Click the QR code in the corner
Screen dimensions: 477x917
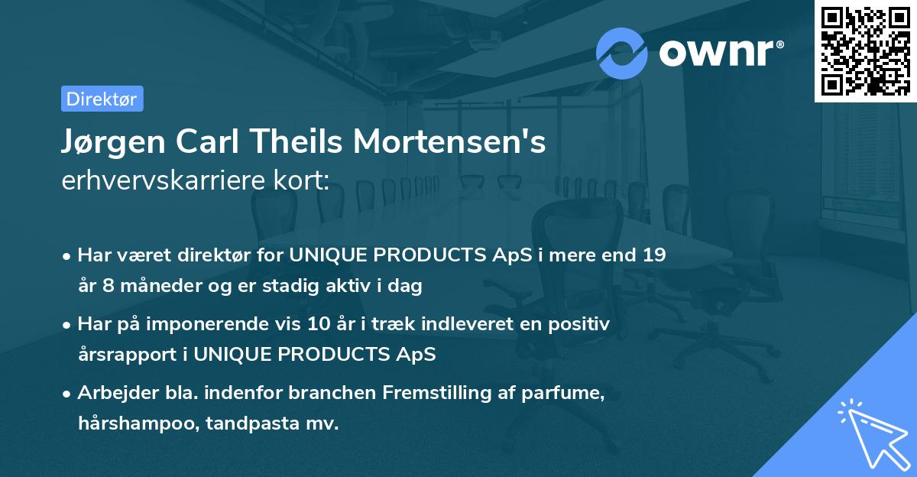(x=865, y=50)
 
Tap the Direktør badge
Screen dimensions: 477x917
(x=102, y=99)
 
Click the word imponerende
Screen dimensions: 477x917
(x=226, y=324)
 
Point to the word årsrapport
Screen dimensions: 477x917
(x=128, y=355)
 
